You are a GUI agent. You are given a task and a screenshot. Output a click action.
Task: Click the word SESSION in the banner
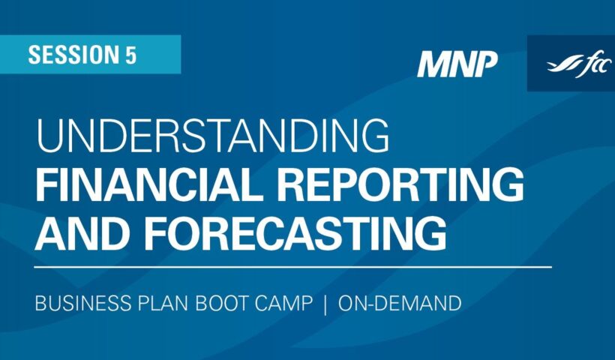click(71, 55)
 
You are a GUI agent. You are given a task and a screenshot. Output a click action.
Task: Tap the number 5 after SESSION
click(130, 55)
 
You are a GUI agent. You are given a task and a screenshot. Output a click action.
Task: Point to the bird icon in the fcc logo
click(558, 63)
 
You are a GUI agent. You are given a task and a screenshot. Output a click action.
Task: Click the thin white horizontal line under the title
click(292, 266)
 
